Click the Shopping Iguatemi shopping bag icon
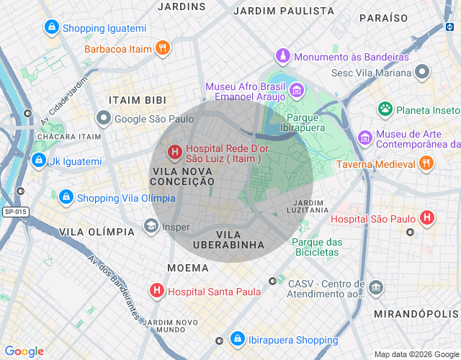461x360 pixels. point(51,28)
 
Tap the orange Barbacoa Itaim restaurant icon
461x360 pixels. point(163,49)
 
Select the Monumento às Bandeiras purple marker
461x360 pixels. point(284,56)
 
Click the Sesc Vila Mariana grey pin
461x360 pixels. point(422,72)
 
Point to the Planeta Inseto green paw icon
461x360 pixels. point(385,109)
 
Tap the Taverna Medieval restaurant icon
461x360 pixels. point(426,163)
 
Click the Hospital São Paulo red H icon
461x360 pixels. point(427,217)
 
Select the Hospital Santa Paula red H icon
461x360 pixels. point(156,292)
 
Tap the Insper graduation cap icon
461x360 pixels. point(151,227)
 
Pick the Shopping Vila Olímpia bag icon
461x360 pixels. point(66,197)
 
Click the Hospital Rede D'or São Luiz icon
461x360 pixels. point(174,152)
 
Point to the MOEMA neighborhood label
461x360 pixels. point(187,268)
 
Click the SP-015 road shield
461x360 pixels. point(14,212)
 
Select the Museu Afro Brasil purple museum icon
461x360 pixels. point(295,91)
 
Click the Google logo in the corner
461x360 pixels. point(24,351)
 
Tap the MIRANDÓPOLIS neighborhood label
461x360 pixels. point(416,314)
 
